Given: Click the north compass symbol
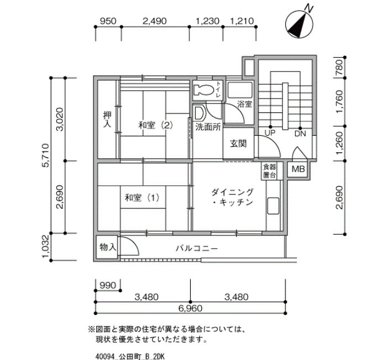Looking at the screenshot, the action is click(299, 24).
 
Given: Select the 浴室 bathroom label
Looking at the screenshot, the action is click(244, 104).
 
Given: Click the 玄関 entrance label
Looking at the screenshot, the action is click(238, 143).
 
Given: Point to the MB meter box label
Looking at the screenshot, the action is click(298, 169).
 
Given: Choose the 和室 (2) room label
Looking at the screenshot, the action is click(155, 125).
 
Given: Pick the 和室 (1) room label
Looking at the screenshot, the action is click(142, 198).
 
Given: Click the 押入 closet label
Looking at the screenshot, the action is click(107, 120).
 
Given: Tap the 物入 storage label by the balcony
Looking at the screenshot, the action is click(108, 247).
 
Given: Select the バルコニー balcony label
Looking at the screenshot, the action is click(197, 248).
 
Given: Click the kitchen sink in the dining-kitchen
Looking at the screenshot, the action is click(274, 205).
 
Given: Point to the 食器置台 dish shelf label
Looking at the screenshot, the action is click(269, 171).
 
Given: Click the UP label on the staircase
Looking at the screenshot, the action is click(270, 133).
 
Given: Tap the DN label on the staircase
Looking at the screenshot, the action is click(300, 134).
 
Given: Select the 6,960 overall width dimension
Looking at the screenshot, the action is click(190, 308).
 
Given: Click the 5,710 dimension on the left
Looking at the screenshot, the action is click(46, 155).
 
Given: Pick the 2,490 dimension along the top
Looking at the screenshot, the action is click(155, 21).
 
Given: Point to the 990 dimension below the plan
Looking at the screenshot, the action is click(108, 286).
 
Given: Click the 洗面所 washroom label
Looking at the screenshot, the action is click(208, 127).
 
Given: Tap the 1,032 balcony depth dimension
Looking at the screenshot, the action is click(46, 246).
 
